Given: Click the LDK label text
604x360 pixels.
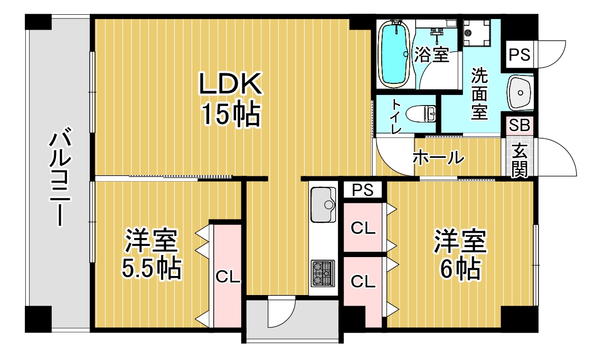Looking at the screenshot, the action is click(230, 83).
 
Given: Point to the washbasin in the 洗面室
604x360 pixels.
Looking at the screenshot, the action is click(520, 93).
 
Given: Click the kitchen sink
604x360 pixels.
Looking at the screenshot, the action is click(323, 205).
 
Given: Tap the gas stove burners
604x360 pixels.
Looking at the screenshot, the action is click(323, 273).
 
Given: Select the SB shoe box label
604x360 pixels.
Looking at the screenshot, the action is click(520, 126).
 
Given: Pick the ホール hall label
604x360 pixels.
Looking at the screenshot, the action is click(438, 157).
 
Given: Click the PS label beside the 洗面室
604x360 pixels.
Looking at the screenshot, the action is click(519, 55).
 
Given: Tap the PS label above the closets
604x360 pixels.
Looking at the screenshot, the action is click(363, 190).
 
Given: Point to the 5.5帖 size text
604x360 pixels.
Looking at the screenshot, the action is click(152, 268).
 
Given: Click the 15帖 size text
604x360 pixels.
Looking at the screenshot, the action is click(231, 114).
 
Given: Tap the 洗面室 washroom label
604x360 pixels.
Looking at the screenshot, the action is click(479, 93).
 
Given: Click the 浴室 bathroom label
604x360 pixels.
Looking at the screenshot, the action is click(431, 54).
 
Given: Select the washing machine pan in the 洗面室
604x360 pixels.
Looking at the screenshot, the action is click(477, 33).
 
